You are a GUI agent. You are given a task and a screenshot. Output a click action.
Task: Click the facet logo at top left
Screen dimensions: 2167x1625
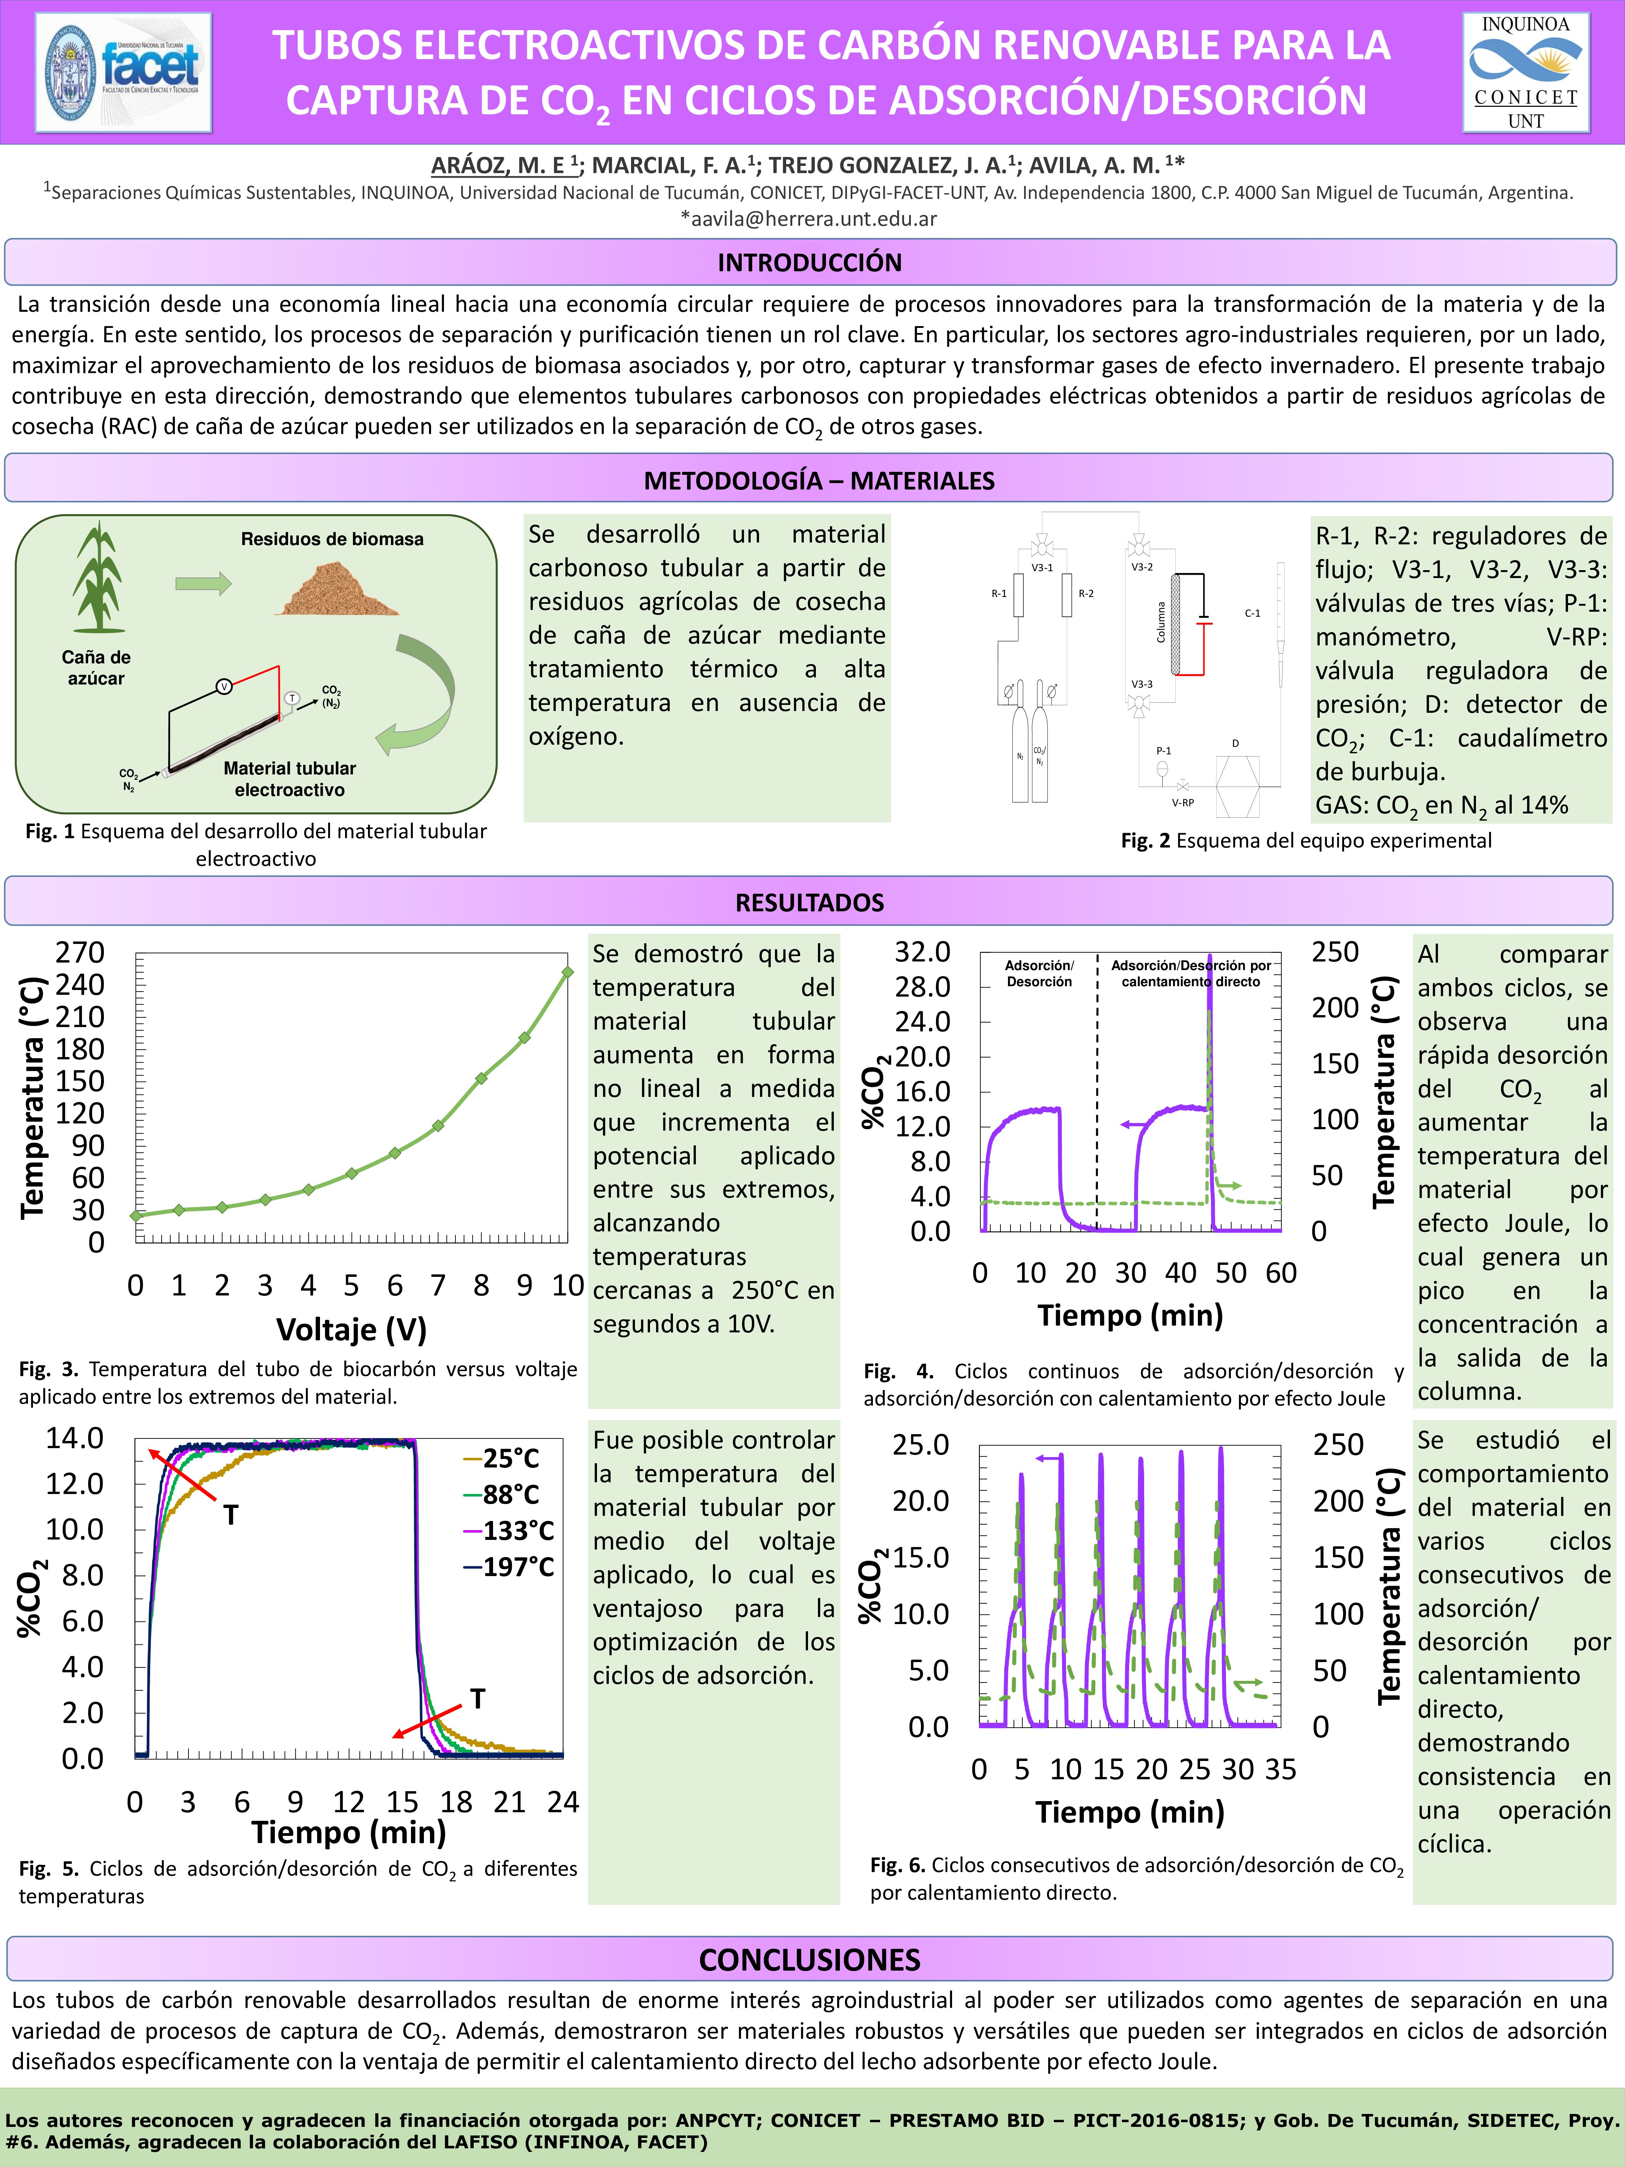tap(124, 72)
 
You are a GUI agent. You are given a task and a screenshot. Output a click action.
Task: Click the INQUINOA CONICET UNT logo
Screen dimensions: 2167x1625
tap(1525, 72)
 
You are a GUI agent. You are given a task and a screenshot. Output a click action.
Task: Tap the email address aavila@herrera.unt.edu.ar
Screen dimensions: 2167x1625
tap(809, 219)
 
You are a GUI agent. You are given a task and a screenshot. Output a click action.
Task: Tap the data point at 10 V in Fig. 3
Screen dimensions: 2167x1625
tap(567, 972)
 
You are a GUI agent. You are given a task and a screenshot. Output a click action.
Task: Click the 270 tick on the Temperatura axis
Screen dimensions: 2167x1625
tap(80, 952)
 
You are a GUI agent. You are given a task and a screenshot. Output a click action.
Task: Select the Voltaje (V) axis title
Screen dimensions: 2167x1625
tap(351, 1330)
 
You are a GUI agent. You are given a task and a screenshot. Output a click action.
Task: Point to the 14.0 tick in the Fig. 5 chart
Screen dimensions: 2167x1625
tap(75, 1438)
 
